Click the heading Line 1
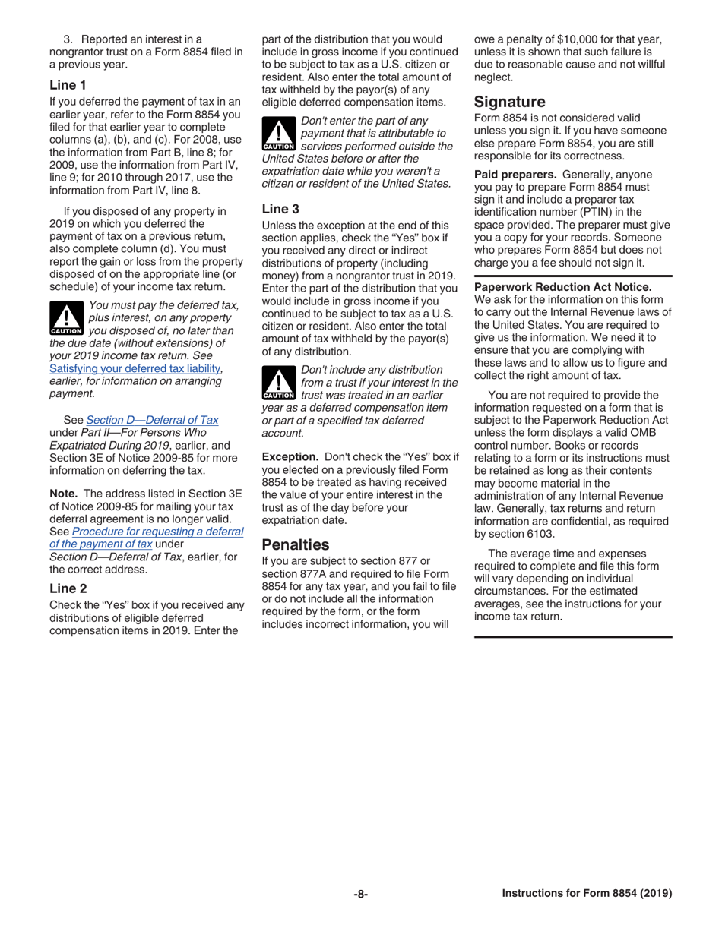pos(68,85)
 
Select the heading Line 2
pos(68,588)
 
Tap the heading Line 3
pos(280,208)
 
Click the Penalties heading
pos(296,544)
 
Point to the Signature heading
pos(510,102)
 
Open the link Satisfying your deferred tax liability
pos(135,368)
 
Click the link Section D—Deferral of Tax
pos(152,420)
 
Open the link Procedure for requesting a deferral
pos(158,531)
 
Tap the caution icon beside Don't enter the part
pos(278,134)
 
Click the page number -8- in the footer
pos(360,894)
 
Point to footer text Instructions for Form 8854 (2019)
pos(587,894)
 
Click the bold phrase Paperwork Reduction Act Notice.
pos(562,286)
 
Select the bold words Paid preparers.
pos(515,174)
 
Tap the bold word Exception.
pos(290,456)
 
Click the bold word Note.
pos(64,493)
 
